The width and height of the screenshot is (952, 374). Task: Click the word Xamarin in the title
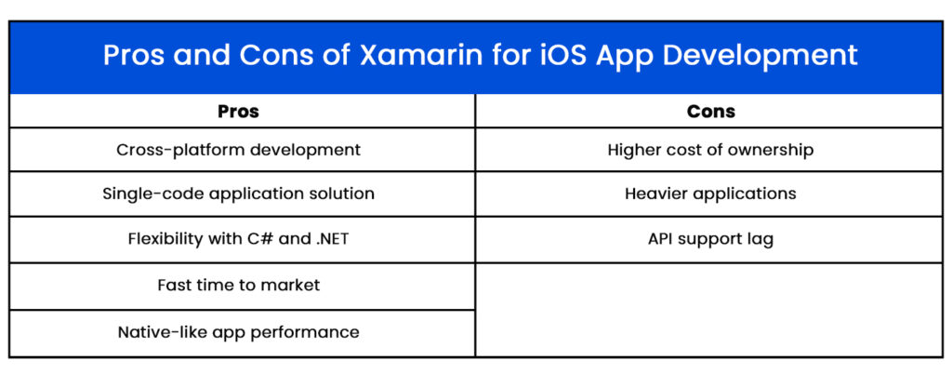(422, 55)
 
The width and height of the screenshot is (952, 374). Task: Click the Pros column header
(239, 112)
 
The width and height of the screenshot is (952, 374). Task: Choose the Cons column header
(711, 112)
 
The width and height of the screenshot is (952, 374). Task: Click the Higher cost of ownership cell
(710, 150)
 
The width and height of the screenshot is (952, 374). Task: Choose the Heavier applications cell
(710, 194)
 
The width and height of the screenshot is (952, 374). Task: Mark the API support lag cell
(710, 239)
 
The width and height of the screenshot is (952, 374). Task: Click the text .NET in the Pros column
(332, 238)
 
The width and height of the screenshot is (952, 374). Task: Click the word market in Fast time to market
(294, 285)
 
